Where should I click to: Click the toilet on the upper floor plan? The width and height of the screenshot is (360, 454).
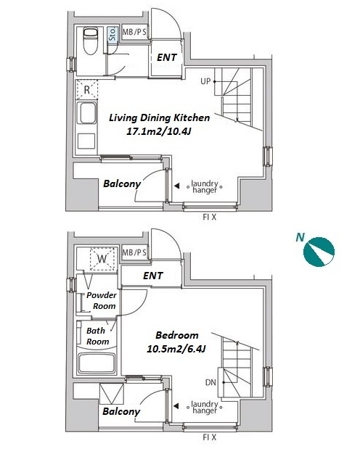(90, 41)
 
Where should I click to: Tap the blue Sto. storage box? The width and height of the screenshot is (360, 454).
(112, 35)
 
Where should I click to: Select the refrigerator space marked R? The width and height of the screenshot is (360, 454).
(86, 90)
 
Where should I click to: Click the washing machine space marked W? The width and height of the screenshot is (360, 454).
(102, 259)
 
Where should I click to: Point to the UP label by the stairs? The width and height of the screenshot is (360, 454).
(205, 81)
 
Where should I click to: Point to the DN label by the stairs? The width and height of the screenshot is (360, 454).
(210, 382)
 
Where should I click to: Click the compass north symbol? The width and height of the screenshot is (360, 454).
(319, 252)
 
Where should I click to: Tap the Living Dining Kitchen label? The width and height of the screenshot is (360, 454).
(159, 117)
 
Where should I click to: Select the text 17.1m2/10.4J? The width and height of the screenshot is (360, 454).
(159, 132)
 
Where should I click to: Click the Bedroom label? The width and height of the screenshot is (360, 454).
(177, 335)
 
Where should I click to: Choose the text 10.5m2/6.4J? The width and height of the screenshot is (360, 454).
(176, 349)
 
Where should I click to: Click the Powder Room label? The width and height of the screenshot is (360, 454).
(102, 300)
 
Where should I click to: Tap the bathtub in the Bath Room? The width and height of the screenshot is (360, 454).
(97, 363)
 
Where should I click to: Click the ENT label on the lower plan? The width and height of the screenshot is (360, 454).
(152, 276)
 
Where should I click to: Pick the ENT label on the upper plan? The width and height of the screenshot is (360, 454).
(167, 57)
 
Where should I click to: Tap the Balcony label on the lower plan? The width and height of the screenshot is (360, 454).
(121, 411)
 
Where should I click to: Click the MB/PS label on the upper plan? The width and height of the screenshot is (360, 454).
(134, 32)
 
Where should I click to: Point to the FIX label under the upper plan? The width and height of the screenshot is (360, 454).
(210, 217)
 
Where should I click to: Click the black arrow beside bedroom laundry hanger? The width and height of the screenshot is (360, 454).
(176, 406)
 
